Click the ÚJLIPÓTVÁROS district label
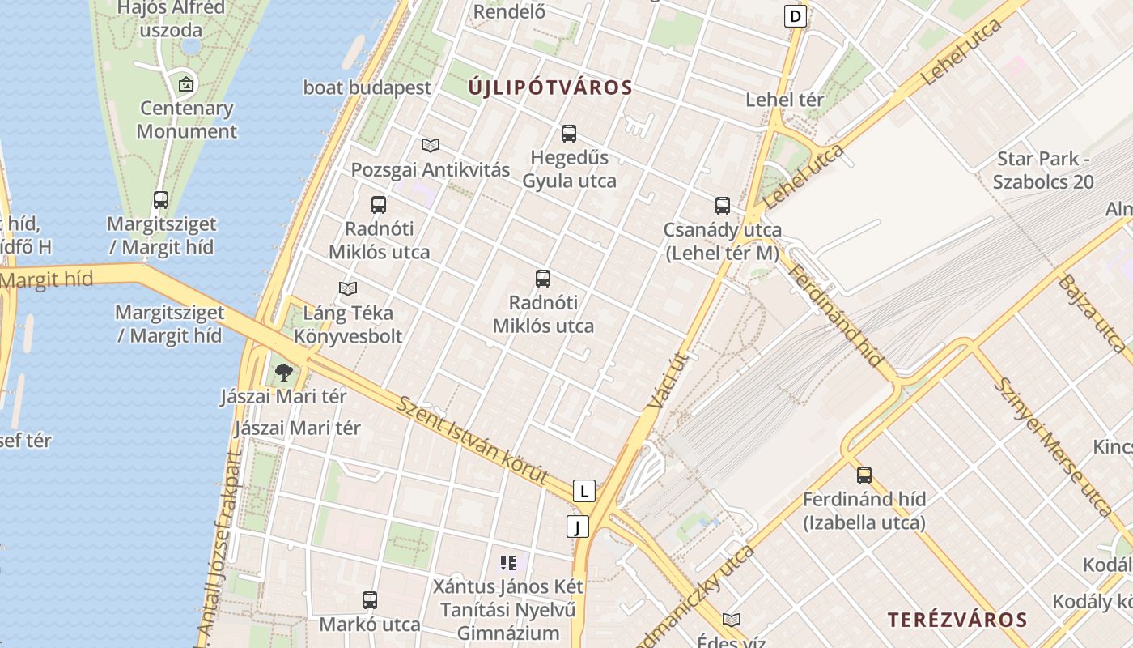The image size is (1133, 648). (550, 87)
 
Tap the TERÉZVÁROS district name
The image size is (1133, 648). (957, 620)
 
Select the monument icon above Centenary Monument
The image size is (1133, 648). (187, 83)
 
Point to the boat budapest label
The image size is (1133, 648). (367, 87)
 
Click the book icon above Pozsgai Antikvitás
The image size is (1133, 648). (431, 145)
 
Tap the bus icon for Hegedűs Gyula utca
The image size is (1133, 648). (569, 134)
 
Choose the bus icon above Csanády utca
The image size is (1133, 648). (723, 206)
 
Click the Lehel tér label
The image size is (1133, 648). (784, 100)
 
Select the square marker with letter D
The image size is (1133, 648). (796, 15)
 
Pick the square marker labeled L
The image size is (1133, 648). (583, 490)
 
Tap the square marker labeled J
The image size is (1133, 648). (577, 527)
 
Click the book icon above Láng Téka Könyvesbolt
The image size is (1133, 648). (348, 288)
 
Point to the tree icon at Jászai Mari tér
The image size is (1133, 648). (283, 373)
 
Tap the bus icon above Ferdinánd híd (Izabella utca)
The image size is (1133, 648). (864, 475)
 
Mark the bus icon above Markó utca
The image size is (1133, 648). (370, 600)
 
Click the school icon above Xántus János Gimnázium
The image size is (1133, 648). (508, 562)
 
